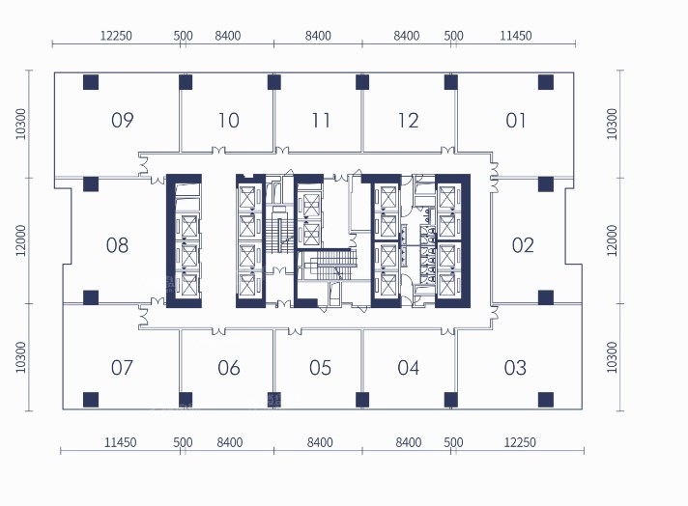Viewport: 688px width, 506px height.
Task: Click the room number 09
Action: (123, 120)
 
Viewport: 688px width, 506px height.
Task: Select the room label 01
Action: (516, 120)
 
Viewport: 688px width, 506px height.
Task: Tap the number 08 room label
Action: (117, 245)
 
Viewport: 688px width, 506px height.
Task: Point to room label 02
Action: (523, 245)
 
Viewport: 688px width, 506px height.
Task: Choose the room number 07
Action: (122, 368)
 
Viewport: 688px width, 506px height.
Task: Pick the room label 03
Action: (515, 368)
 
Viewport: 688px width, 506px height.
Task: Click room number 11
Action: (321, 120)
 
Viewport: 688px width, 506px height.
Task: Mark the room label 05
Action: (320, 368)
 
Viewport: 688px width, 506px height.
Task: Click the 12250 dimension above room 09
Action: (116, 36)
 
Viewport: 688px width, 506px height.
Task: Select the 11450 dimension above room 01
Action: (516, 36)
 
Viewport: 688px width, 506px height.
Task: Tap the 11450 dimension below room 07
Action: (120, 442)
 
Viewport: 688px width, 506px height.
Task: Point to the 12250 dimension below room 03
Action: (520, 442)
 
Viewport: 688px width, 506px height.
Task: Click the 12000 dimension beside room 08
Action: (21, 240)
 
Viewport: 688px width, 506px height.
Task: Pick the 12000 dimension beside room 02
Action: (612, 240)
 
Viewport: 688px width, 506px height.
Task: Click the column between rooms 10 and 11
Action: (274, 82)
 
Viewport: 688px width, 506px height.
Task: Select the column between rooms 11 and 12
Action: (362, 82)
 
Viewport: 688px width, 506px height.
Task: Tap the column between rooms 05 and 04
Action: (362, 400)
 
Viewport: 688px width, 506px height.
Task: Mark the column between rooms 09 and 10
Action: (186, 82)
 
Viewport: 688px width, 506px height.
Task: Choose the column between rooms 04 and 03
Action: (451, 400)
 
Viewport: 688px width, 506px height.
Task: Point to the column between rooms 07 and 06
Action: (186, 400)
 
